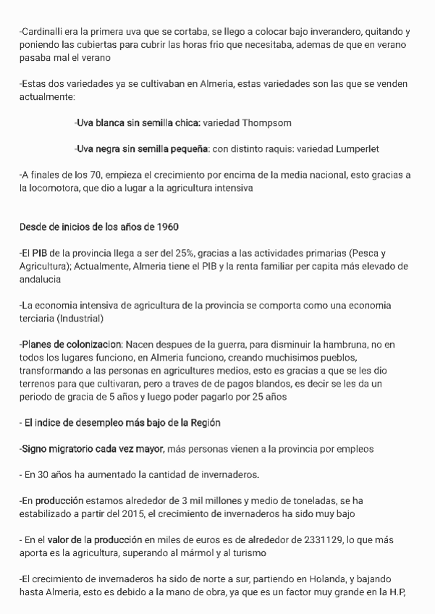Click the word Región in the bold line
point(203,422)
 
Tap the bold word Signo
point(36,449)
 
